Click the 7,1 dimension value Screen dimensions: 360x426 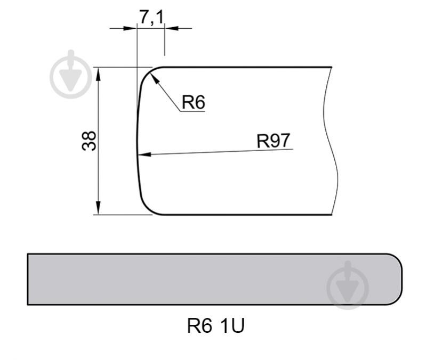(x=151, y=17)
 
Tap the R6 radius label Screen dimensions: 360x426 (x=193, y=102)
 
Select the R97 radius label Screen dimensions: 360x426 (x=273, y=141)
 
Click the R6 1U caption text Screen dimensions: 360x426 (x=215, y=326)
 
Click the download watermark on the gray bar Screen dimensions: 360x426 (x=348, y=287)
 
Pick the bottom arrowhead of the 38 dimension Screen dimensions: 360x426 (x=99, y=209)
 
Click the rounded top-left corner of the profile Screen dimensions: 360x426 (x=146, y=73)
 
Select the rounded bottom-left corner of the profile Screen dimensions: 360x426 (x=146, y=208)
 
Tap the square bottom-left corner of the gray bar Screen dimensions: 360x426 (x=28, y=304)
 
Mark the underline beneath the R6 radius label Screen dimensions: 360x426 (x=192, y=111)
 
